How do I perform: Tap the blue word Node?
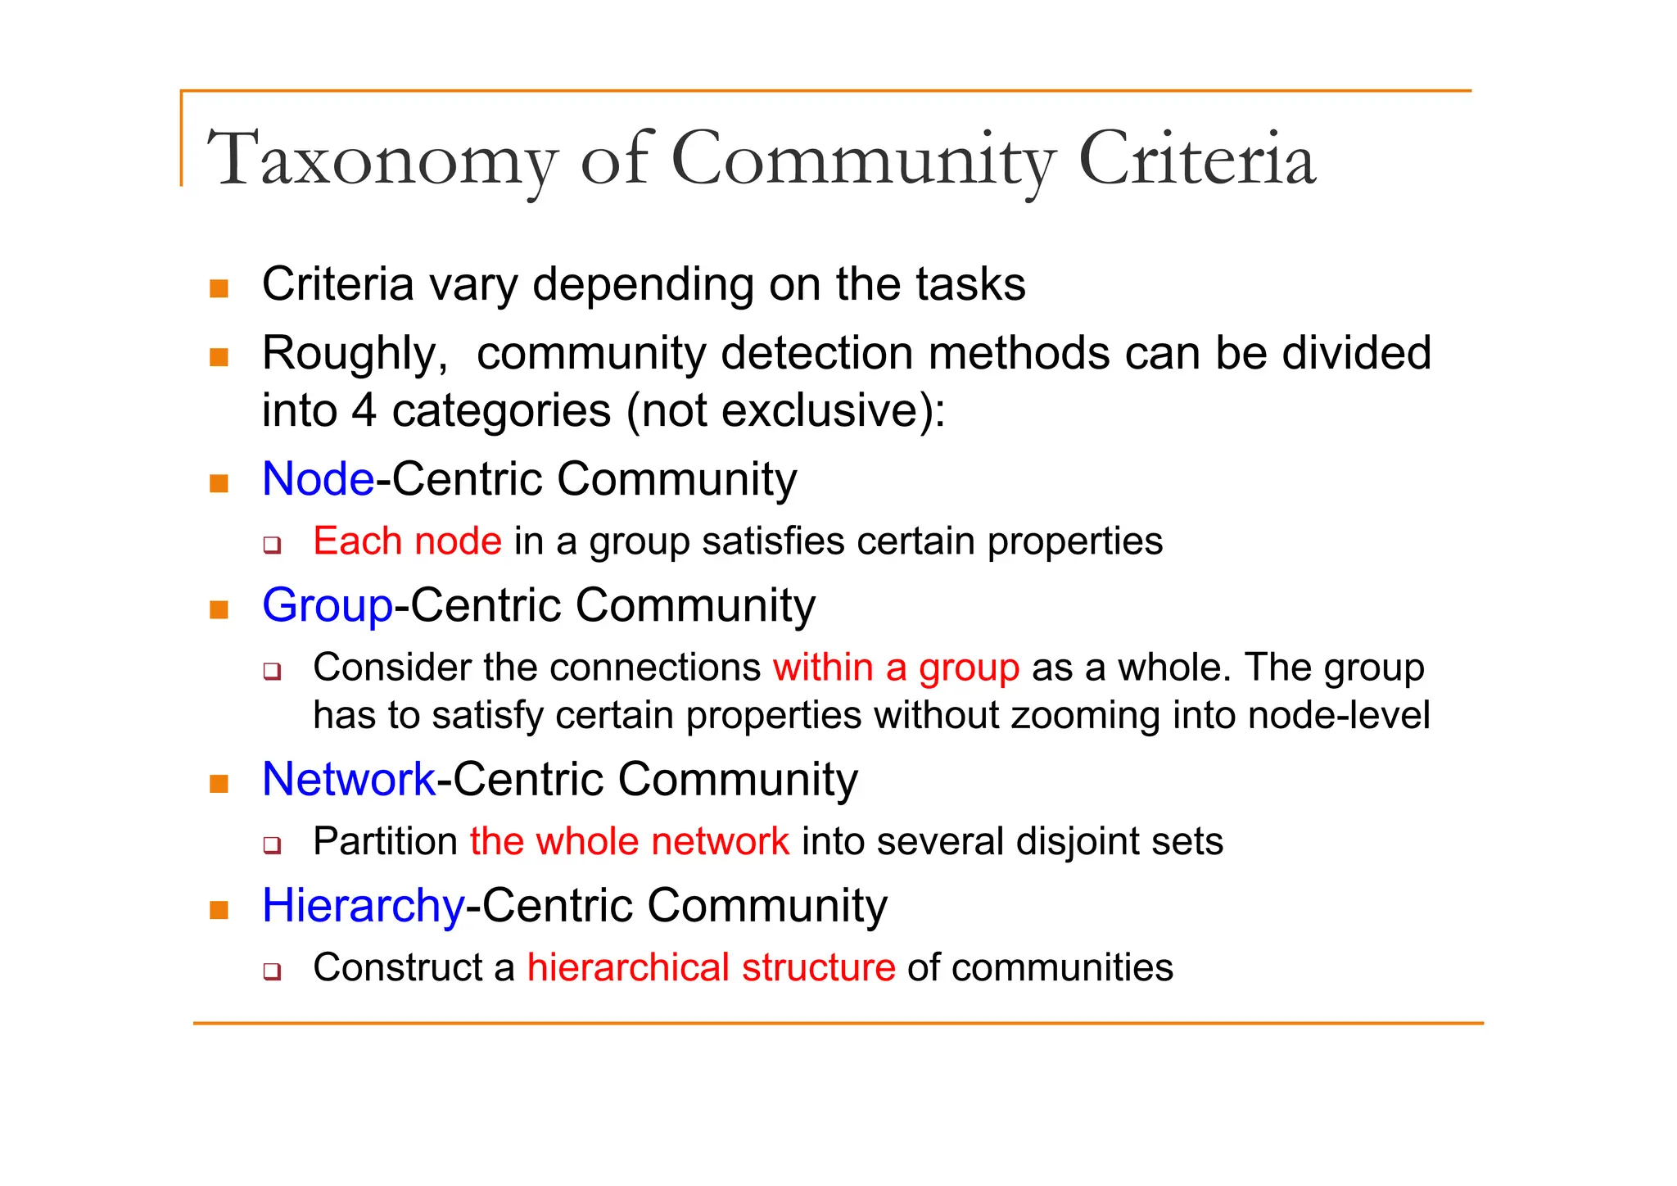(318, 478)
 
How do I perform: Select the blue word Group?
(328, 606)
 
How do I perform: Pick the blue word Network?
(349, 779)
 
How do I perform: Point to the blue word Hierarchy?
(364, 906)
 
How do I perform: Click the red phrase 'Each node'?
(407, 541)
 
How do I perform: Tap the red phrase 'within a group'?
(896, 668)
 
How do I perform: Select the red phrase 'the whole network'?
(629, 841)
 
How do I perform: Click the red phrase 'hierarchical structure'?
(711, 967)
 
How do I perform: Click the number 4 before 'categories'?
(364, 410)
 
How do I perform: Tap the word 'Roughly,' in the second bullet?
(355, 354)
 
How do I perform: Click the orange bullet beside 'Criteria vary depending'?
(219, 288)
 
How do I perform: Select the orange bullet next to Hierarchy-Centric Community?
(219, 910)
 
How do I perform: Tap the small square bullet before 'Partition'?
(272, 844)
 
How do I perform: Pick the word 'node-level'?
(1339, 715)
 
